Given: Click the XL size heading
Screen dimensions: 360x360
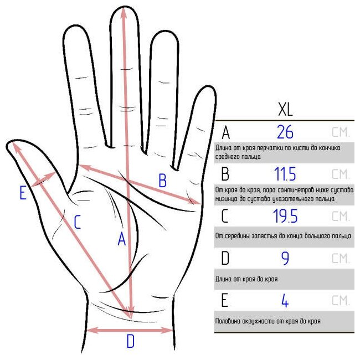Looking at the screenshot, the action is pyautogui.click(x=285, y=109).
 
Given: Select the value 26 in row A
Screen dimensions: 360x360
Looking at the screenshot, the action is pyautogui.click(x=285, y=132).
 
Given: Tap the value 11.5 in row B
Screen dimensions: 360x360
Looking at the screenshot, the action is pyautogui.click(x=285, y=174).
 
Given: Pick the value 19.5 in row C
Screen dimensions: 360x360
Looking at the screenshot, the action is pyautogui.click(x=285, y=216).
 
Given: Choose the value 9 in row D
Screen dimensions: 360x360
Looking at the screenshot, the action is pyautogui.click(x=285, y=259).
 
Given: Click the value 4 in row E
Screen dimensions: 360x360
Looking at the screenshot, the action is pyautogui.click(x=285, y=301).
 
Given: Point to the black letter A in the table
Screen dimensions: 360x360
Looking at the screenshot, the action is pyautogui.click(x=225, y=133).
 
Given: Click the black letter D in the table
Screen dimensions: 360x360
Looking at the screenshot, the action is pyautogui.click(x=225, y=259).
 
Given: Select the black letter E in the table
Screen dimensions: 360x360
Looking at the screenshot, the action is pyautogui.click(x=224, y=301).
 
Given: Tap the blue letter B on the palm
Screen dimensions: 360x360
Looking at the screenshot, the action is pyautogui.click(x=162, y=181).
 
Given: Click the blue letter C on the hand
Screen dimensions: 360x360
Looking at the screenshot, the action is pyautogui.click(x=78, y=222).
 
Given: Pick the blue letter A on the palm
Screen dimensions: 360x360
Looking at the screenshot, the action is pyautogui.click(x=122, y=239).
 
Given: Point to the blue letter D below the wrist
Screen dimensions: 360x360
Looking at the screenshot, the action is pyautogui.click(x=130, y=341).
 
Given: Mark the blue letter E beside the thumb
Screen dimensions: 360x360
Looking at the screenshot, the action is pyautogui.click(x=23, y=193).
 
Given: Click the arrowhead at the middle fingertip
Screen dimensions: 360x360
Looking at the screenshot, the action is pyautogui.click(x=124, y=13).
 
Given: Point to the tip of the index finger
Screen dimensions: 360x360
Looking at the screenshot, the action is pyautogui.click(x=75, y=25).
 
